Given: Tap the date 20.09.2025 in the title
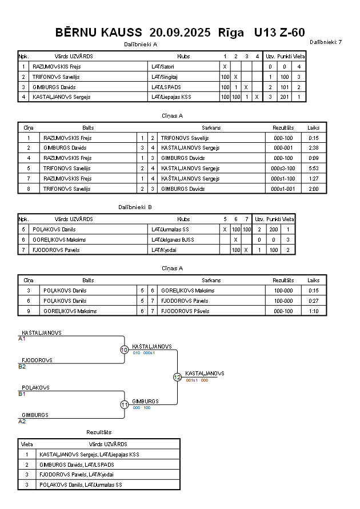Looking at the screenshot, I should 179,32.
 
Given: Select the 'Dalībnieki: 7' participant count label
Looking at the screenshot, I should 326,42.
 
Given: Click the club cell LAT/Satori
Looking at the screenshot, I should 163,67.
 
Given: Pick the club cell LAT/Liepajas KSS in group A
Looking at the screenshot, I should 171,97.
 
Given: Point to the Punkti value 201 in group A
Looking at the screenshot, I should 284,97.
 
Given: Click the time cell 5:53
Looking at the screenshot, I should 313,169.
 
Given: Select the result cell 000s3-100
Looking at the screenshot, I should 283,169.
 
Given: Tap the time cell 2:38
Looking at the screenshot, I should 313,148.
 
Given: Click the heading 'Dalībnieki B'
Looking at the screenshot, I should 135,207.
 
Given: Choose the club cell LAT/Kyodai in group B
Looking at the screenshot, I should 163,250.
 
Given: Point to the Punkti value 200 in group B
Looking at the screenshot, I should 273,229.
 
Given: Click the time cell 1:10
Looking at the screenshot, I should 313,311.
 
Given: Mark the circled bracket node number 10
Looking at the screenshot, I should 124,350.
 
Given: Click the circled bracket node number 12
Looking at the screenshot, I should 177,377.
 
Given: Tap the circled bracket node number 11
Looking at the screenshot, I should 124,404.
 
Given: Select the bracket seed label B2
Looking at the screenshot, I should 22,366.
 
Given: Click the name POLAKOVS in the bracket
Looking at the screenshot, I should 35,387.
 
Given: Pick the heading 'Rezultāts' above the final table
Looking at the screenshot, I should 99,432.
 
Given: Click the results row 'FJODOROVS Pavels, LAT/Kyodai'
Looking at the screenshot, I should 77,475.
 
